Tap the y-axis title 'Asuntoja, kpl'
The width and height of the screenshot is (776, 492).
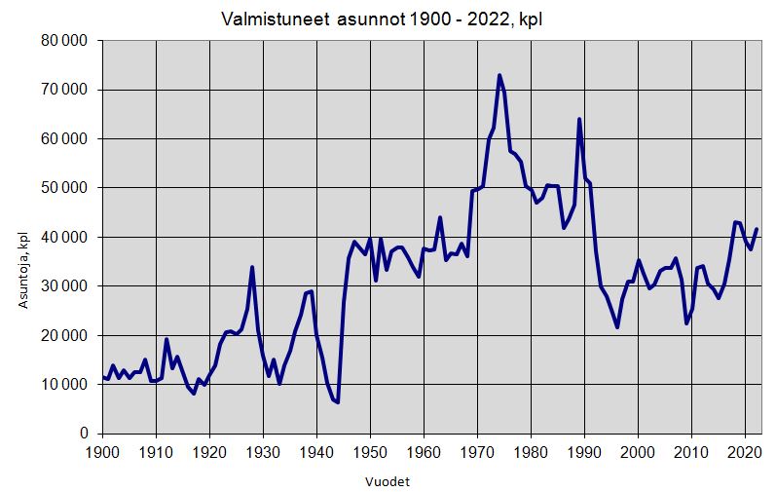tap(22, 268)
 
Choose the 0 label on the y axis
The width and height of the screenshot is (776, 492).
tap(86, 434)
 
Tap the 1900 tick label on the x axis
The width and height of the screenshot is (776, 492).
tap(102, 452)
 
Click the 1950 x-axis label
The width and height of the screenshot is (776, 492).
tap(370, 452)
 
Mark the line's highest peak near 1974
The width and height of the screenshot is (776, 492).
tap(499, 75)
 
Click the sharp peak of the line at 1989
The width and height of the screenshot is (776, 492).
tap(579, 119)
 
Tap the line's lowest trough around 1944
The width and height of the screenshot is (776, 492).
tap(338, 402)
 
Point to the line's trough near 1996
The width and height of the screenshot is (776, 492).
tap(617, 327)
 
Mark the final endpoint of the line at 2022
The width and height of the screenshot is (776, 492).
tap(757, 229)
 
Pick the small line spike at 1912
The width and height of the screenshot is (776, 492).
tap(166, 339)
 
